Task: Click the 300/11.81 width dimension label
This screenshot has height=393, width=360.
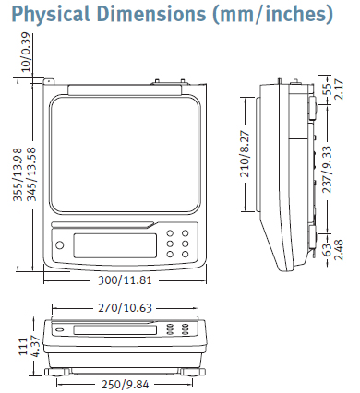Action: [125, 280]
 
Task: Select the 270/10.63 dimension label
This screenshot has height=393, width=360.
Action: [125, 308]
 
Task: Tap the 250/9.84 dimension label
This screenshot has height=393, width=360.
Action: [125, 385]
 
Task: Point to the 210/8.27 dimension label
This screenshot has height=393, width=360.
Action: [246, 153]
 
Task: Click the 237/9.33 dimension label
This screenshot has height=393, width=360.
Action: [327, 170]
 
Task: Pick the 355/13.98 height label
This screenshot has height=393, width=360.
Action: [18, 174]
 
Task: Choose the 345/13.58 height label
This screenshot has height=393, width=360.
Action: [31, 174]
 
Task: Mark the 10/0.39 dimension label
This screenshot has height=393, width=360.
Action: [27, 52]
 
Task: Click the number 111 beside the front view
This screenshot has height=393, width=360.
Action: [23, 347]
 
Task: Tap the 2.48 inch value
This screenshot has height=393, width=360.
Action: [339, 250]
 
